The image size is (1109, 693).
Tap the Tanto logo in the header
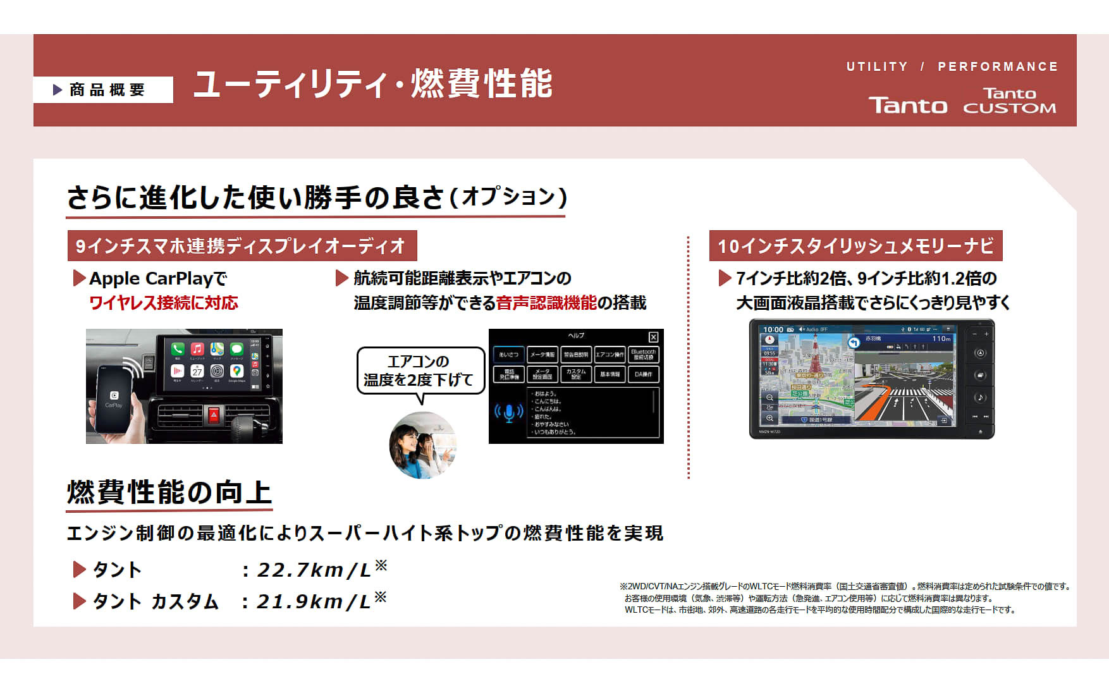point(907,106)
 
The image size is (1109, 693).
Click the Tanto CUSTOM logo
point(1009,101)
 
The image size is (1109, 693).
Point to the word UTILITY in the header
point(877,66)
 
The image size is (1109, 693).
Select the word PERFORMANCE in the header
point(997,66)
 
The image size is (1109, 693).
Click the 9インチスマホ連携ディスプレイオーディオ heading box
point(242,246)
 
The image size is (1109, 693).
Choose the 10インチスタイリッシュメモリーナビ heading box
point(855,246)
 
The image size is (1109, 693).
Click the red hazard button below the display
point(214,415)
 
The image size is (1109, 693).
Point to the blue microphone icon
point(509,413)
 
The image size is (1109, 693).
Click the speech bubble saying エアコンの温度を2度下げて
point(420,371)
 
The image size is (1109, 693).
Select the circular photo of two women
point(422,445)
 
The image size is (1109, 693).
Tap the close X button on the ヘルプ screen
point(653,337)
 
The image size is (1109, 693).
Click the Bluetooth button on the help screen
point(643,355)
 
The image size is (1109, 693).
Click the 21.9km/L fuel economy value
point(314,601)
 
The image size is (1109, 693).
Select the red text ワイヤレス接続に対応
point(164,303)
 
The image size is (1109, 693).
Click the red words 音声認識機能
point(546,303)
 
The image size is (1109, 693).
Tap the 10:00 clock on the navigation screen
point(773,329)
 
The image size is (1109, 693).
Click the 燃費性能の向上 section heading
point(169,493)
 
